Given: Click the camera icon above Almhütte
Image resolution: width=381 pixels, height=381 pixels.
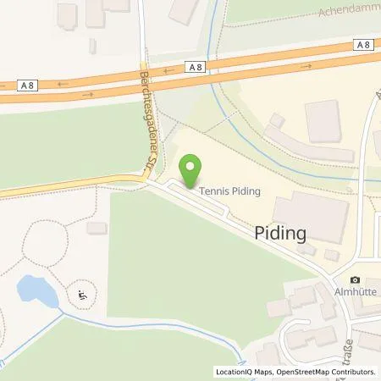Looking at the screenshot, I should click(x=355, y=280).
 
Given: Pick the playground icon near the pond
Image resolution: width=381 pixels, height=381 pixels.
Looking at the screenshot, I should click(x=81, y=295).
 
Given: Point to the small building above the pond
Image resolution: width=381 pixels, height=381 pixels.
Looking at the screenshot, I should click(x=97, y=228).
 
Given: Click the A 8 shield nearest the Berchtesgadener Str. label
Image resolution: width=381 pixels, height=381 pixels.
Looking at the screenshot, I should click(x=196, y=65).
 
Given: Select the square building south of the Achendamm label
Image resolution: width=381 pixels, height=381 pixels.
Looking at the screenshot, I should click(x=323, y=120).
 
